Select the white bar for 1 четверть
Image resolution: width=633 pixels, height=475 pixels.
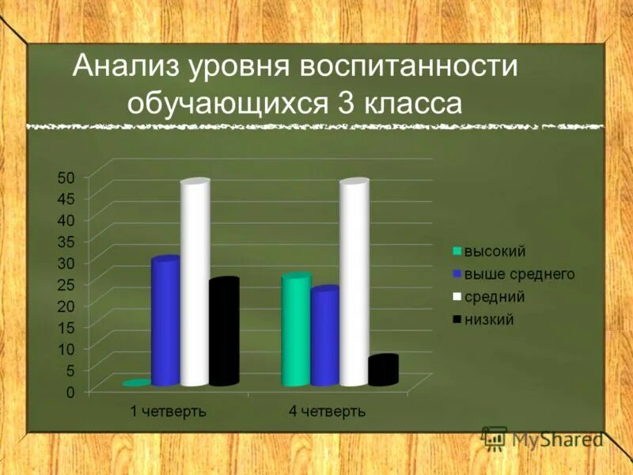[x=195, y=285]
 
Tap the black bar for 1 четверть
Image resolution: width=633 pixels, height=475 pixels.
[x=224, y=332]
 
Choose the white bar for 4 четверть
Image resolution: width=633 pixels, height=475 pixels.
[x=354, y=285]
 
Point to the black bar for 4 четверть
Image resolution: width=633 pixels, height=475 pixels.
[x=383, y=370]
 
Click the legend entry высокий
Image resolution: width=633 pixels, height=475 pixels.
[x=494, y=252]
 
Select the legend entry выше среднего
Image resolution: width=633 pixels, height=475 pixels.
[x=518, y=274]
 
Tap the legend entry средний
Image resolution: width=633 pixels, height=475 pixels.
[x=494, y=297]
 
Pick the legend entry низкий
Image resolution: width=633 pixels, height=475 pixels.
[x=489, y=320]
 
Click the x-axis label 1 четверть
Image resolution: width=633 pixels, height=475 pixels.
[x=168, y=412]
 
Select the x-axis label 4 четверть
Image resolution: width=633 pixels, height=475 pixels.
[x=327, y=412]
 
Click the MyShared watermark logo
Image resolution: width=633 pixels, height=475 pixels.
[x=543, y=439]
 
